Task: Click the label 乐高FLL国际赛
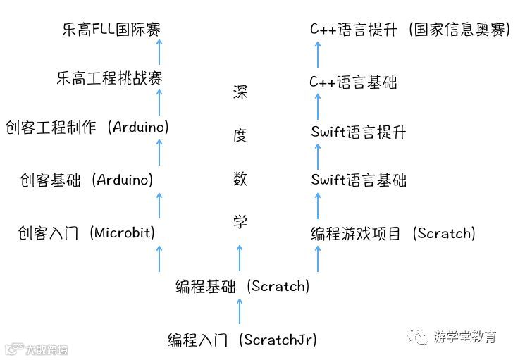[111, 30]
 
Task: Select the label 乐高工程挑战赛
[109, 77]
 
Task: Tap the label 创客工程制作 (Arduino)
[87, 128]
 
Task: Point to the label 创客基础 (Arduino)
[87, 180]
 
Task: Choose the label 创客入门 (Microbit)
[86, 232]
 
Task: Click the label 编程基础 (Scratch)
[242, 286]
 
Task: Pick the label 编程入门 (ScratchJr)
[242, 340]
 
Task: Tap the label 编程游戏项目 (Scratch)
[393, 232]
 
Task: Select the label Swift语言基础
[359, 180]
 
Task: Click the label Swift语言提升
[359, 132]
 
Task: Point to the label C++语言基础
[353, 82]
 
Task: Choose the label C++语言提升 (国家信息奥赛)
[409, 30]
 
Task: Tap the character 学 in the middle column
[240, 221]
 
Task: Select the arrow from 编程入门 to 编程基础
[240, 312]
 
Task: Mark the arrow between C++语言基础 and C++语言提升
[318, 55]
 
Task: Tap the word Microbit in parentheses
[123, 232]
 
